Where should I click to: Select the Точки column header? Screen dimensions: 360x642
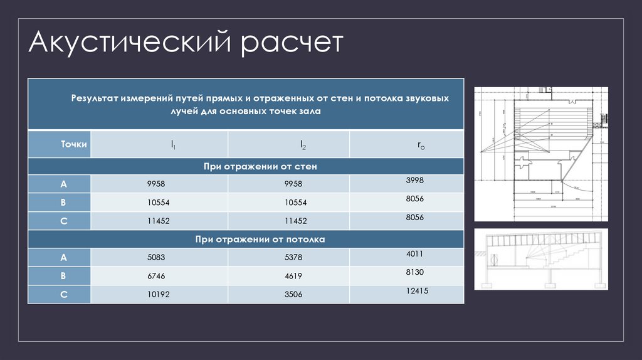point(74,144)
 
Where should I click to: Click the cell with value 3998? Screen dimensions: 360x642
point(415,180)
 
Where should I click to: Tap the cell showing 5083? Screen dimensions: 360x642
point(156,257)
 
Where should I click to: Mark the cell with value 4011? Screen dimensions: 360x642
point(415,254)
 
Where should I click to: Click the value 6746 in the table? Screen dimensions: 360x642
point(156,275)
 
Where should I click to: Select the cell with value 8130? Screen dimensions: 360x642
point(415,272)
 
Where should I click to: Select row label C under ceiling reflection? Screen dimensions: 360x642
point(63,294)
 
